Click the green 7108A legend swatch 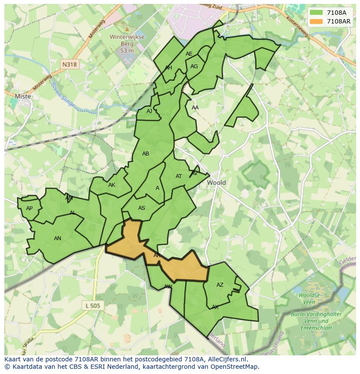(x=317, y=13)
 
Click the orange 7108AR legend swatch (x=317, y=21)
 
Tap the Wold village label (x=216, y=183)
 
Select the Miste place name (x=23, y=96)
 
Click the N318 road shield (x=69, y=64)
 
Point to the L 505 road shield (x=93, y=306)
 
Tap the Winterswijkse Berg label (x=127, y=43)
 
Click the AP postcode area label (x=29, y=209)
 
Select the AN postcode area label (x=57, y=238)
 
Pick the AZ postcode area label (x=220, y=285)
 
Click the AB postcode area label (x=146, y=154)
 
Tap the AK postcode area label (x=112, y=185)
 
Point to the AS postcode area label (x=142, y=208)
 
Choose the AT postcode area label (x=179, y=176)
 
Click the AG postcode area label (x=194, y=66)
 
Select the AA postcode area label (x=195, y=108)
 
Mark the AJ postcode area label (x=149, y=111)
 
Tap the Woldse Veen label (x=310, y=298)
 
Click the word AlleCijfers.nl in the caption (x=226, y=359)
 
